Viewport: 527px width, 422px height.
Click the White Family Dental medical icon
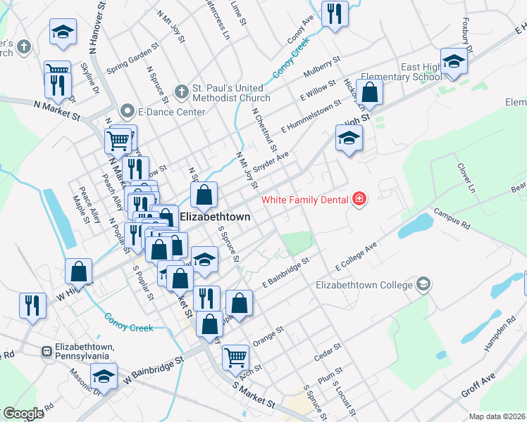point(359,200)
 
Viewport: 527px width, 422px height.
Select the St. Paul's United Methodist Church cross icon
point(181,91)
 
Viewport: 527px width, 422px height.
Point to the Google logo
point(23,414)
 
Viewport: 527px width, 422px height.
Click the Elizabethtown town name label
point(215,217)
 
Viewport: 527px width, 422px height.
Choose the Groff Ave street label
point(478,385)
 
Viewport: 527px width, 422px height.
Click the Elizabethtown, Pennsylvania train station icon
point(46,350)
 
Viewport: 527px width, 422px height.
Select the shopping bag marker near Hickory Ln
point(370,91)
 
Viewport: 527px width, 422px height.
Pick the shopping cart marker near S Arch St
point(235,356)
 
